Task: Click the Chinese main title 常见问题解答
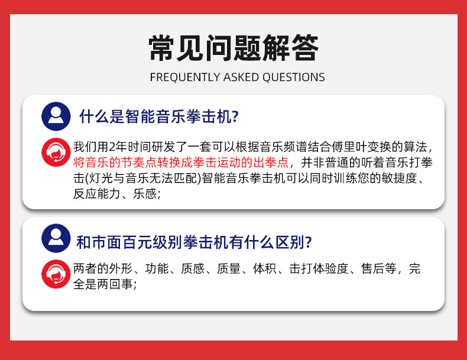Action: (x=234, y=48)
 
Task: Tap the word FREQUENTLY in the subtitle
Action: (x=186, y=77)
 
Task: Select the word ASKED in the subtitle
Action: (x=241, y=77)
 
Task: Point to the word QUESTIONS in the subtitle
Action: (x=293, y=77)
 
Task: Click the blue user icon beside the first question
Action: (x=56, y=116)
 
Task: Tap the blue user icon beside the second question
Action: (x=56, y=238)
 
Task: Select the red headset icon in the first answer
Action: (x=56, y=152)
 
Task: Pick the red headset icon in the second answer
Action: (x=56, y=274)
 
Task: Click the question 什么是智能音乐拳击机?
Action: (x=159, y=116)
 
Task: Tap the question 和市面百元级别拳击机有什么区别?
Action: (x=194, y=242)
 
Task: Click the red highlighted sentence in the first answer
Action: (x=181, y=163)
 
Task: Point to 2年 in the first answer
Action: (x=118, y=147)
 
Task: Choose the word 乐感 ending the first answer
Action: (x=145, y=194)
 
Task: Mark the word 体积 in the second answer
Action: (x=265, y=268)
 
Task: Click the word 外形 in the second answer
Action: (x=121, y=268)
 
